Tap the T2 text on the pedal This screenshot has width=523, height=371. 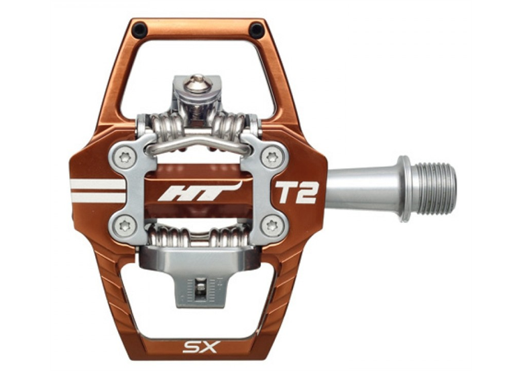click(x=295, y=192)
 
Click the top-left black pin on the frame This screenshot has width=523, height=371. click(x=139, y=29)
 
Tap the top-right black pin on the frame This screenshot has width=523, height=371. click(x=256, y=30)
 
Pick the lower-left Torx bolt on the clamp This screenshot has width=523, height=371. click(x=123, y=224)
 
